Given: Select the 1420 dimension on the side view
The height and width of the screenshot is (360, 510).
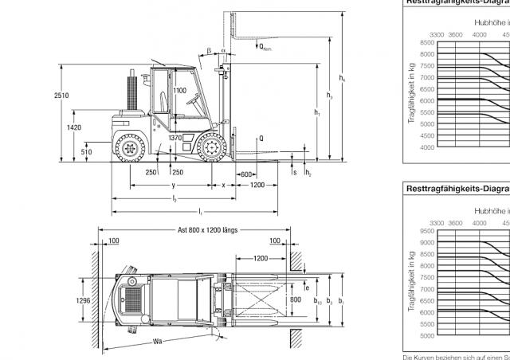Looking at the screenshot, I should pyautogui.click(x=74, y=127).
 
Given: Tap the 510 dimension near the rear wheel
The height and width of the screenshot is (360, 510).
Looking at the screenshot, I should pyautogui.click(x=86, y=151).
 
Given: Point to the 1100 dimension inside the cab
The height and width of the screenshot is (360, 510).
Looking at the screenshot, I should pyautogui.click(x=180, y=91).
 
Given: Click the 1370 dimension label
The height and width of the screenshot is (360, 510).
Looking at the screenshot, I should pyautogui.click(x=176, y=139).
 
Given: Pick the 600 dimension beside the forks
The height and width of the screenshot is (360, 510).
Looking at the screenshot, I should pyautogui.click(x=245, y=174).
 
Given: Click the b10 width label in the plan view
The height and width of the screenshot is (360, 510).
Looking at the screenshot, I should pyautogui.click(x=316, y=303).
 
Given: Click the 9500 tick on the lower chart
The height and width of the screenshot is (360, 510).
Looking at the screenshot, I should pyautogui.click(x=426, y=231).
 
